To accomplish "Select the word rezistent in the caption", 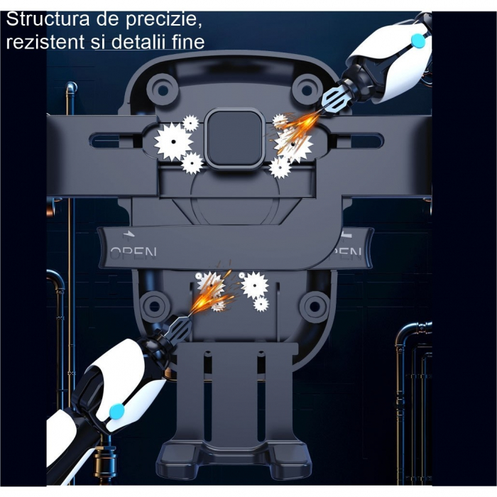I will click(46, 42).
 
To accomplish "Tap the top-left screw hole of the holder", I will click(165, 88).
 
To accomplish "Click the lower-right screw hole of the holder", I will click(312, 306).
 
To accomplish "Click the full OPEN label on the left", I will click(133, 252).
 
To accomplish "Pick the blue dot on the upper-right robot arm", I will click(418, 41).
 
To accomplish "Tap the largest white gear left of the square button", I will click(172, 141).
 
